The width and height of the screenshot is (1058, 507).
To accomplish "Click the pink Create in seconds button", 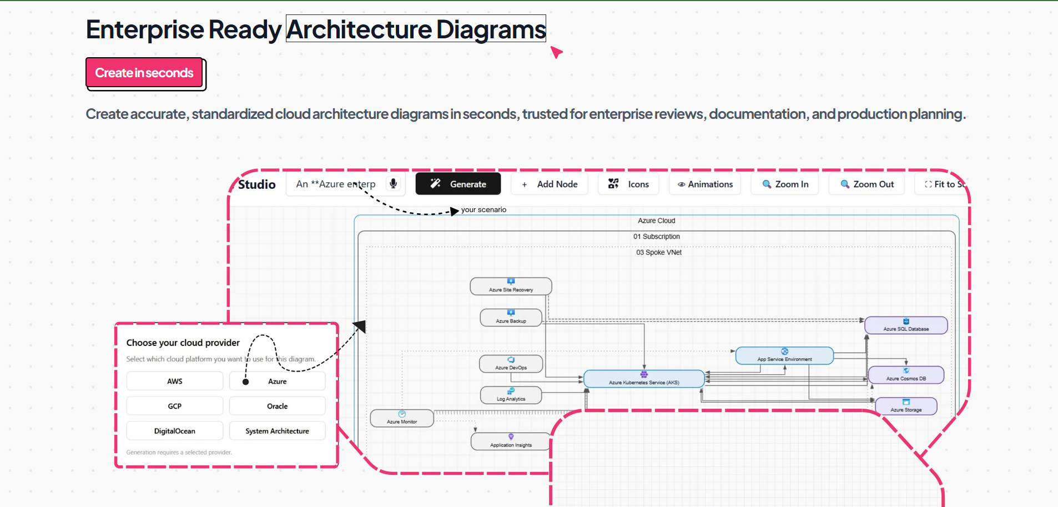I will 144,73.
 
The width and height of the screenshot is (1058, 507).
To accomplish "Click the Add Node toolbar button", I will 550,184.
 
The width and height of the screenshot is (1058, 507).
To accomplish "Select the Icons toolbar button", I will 628,184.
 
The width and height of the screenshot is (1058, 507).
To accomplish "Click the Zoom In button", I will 785,184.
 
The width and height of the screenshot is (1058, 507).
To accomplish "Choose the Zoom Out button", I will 866,184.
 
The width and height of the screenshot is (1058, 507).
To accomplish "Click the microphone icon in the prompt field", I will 393,184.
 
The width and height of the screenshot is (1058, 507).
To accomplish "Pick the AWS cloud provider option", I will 175,381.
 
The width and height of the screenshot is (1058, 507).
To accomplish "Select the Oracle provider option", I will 277,406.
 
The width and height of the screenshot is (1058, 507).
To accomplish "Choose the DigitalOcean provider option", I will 175,431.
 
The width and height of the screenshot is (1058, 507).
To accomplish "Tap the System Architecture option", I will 277,431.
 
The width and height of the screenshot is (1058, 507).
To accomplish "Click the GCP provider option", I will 175,406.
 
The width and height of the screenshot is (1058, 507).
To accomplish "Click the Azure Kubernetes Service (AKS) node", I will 644,379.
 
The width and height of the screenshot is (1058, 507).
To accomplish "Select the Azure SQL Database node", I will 906,325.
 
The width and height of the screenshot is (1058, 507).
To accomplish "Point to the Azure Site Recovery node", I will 511,287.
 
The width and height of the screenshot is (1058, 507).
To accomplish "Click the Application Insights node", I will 511,442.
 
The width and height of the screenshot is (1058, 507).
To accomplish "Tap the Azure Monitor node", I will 402,419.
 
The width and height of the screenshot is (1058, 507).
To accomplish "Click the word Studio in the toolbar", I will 256,184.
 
